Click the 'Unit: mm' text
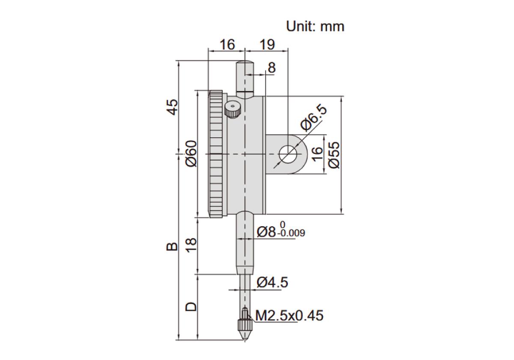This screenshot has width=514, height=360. tap(315, 27)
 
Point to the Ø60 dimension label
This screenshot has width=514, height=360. tap(191, 153)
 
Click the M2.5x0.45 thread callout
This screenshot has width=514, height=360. tap(290, 315)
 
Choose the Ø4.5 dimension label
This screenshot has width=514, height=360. tap(272, 282)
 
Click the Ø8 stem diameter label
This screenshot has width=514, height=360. tap(266, 232)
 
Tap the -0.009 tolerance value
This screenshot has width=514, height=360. tap(291, 233)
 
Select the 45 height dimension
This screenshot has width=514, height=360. tap(172, 107)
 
